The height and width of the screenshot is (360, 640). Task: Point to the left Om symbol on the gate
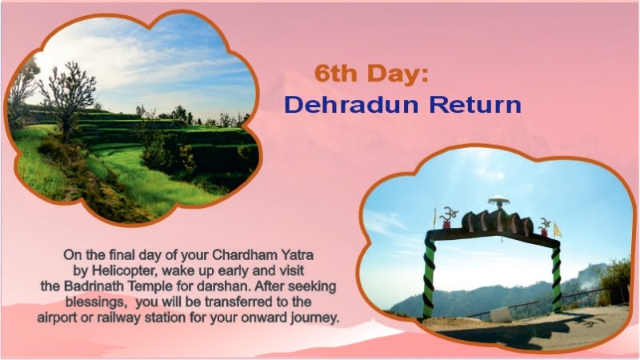[x=449, y=216]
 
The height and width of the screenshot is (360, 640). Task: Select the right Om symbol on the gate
[x=545, y=223]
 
